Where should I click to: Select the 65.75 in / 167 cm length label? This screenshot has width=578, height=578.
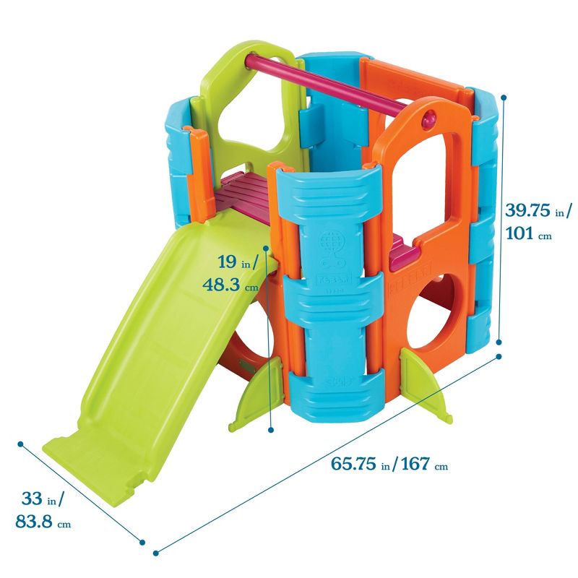click(x=389, y=465)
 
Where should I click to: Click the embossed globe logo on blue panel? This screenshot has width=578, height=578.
click(x=333, y=241)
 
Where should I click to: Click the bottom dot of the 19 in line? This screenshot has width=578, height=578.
click(x=271, y=430)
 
